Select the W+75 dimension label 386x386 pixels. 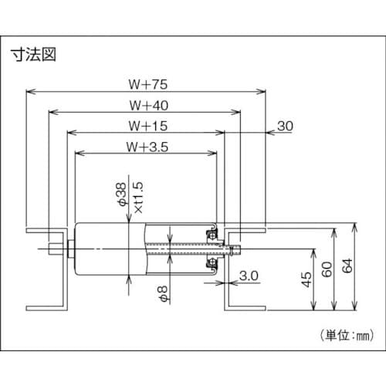pyautogui.click(x=146, y=82)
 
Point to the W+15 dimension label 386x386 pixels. pyautogui.click(x=146, y=124)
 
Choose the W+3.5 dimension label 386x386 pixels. pyautogui.click(x=146, y=144)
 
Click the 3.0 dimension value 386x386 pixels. pyautogui.click(x=248, y=275)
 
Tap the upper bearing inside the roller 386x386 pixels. pyautogui.click(x=209, y=232)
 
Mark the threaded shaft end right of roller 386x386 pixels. pyautogui.click(x=236, y=249)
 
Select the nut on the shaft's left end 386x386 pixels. pyautogui.click(x=70, y=249)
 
